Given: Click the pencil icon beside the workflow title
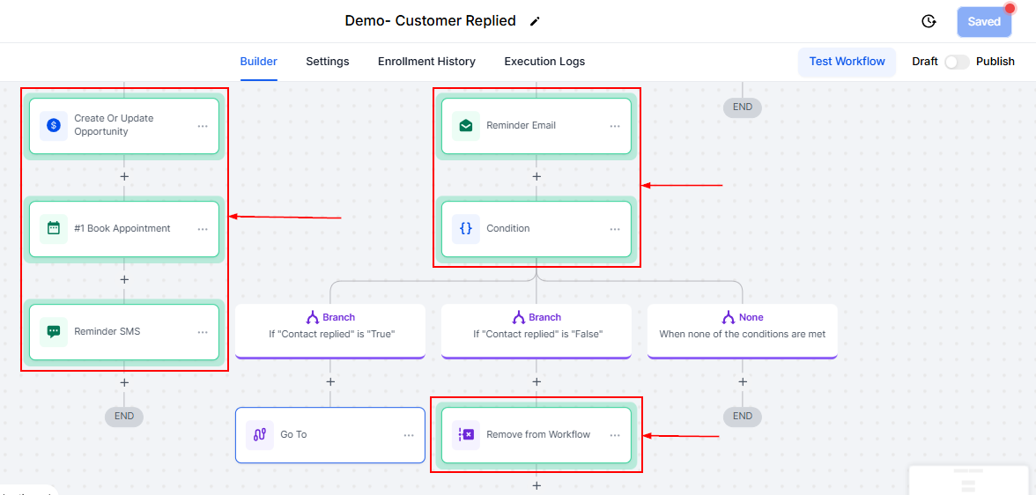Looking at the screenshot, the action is [535, 21].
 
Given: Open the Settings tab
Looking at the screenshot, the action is [327, 62].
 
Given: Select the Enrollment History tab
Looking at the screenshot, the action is [426, 62].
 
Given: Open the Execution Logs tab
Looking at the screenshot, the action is [544, 62].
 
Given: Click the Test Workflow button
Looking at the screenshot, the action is [847, 62].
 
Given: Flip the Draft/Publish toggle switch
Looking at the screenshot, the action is [957, 62].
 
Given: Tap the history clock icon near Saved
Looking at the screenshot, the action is [929, 21].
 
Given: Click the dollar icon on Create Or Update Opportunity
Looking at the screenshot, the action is [54, 125].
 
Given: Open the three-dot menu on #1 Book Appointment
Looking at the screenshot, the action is [203, 229].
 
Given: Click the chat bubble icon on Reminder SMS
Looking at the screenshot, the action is [54, 332].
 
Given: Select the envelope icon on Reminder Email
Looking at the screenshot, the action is [466, 126].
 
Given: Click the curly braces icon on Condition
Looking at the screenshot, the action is [466, 229].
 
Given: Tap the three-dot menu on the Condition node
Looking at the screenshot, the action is [615, 229].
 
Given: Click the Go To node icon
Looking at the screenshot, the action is [260, 435].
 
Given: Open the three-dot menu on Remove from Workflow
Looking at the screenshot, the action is [615, 435].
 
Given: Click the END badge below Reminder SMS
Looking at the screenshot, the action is [124, 416].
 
